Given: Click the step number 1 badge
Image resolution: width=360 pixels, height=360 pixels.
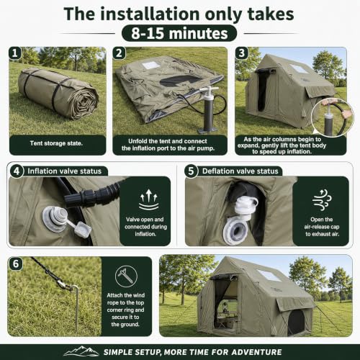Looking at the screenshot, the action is tap(15, 53).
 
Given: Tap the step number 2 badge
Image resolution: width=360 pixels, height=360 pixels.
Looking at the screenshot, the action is tap(119, 53).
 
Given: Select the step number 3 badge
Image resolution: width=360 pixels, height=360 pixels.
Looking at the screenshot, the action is tap(241, 53).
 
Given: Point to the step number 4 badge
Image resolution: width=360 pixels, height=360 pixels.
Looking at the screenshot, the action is tap(17, 171).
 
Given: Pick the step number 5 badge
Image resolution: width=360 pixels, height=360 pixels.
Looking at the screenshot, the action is tap(191, 171).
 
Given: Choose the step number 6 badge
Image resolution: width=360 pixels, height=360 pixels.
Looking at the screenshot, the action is tap(16, 264).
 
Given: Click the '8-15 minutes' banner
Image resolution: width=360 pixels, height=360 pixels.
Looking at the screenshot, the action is tap(179, 33).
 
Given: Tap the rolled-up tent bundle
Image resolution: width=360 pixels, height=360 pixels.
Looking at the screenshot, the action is tap(58, 94).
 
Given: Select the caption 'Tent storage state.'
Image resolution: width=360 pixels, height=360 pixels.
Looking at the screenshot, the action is tap(56, 143).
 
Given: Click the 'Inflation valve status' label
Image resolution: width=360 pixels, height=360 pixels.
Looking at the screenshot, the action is tap(65, 171).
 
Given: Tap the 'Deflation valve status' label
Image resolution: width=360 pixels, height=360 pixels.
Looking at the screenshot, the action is tap(240, 171).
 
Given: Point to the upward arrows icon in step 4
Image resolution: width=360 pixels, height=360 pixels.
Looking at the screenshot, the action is tap(149, 199).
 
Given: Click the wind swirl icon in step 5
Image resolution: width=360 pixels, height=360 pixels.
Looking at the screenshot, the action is tap(322, 199).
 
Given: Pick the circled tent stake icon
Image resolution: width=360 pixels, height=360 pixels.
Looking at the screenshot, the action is tap(126, 276).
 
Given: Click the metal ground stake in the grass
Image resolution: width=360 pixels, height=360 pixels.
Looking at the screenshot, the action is tap(76, 307).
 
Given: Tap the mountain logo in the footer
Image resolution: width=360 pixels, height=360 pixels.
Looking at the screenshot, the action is tap(81, 351).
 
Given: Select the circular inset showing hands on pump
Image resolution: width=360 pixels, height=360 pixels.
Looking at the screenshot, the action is tap(333, 117).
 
